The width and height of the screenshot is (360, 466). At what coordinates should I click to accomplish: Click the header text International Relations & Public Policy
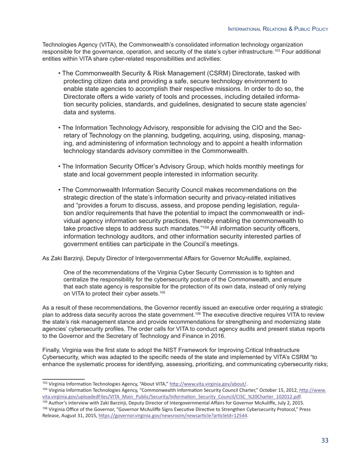[277, 29]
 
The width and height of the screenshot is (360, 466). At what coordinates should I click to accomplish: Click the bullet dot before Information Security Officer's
[59, 167]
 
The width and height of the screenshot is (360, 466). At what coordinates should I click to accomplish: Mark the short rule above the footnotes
[63, 378]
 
